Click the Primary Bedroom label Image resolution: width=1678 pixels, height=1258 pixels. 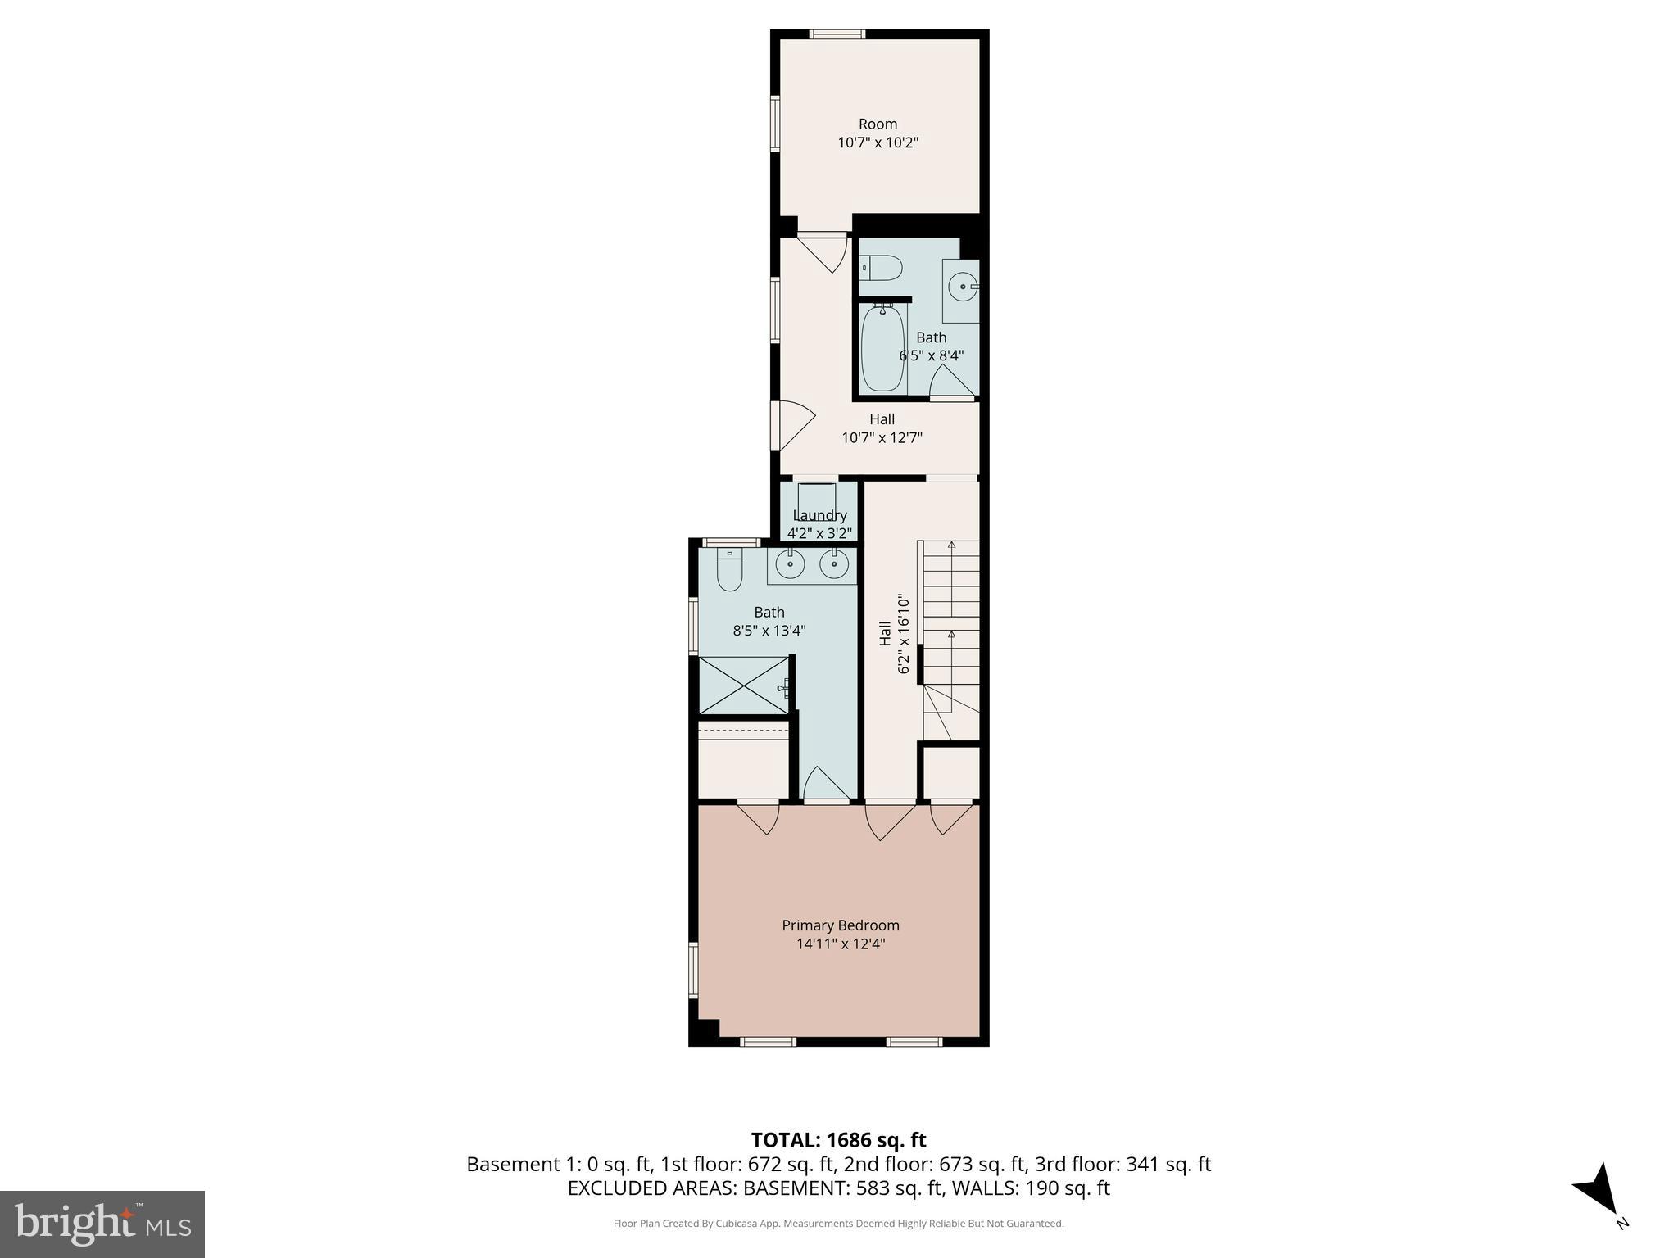tap(840, 925)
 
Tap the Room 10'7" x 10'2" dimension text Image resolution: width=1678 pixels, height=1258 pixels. tap(878, 143)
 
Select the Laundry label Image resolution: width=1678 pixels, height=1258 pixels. tap(819, 515)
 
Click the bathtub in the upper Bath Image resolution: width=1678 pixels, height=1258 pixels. tap(882, 348)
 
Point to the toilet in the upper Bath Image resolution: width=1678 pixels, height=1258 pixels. tap(882, 268)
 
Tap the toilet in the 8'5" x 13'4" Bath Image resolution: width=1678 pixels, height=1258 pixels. tap(728, 570)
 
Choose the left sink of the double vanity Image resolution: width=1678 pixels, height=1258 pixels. tap(791, 563)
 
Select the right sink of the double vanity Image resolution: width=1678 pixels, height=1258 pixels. tap(834, 563)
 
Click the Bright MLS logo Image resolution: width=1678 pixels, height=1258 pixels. tap(102, 1224)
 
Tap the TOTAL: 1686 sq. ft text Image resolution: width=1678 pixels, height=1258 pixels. tap(838, 1140)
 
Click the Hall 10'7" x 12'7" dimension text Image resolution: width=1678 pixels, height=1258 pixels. tap(882, 437)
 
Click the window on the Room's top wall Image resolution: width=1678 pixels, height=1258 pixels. tap(837, 34)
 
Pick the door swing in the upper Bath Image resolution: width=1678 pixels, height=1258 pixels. tap(950, 382)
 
